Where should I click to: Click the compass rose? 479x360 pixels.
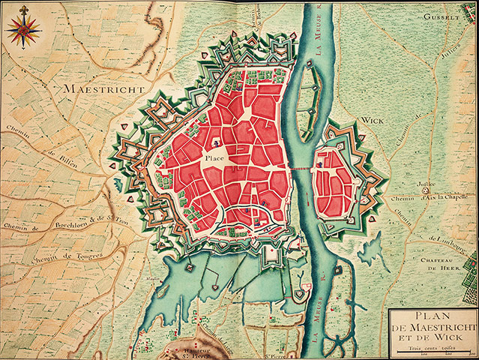pos(24,29)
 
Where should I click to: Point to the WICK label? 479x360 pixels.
pos(371,119)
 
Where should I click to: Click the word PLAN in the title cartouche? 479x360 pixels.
pos(433,315)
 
